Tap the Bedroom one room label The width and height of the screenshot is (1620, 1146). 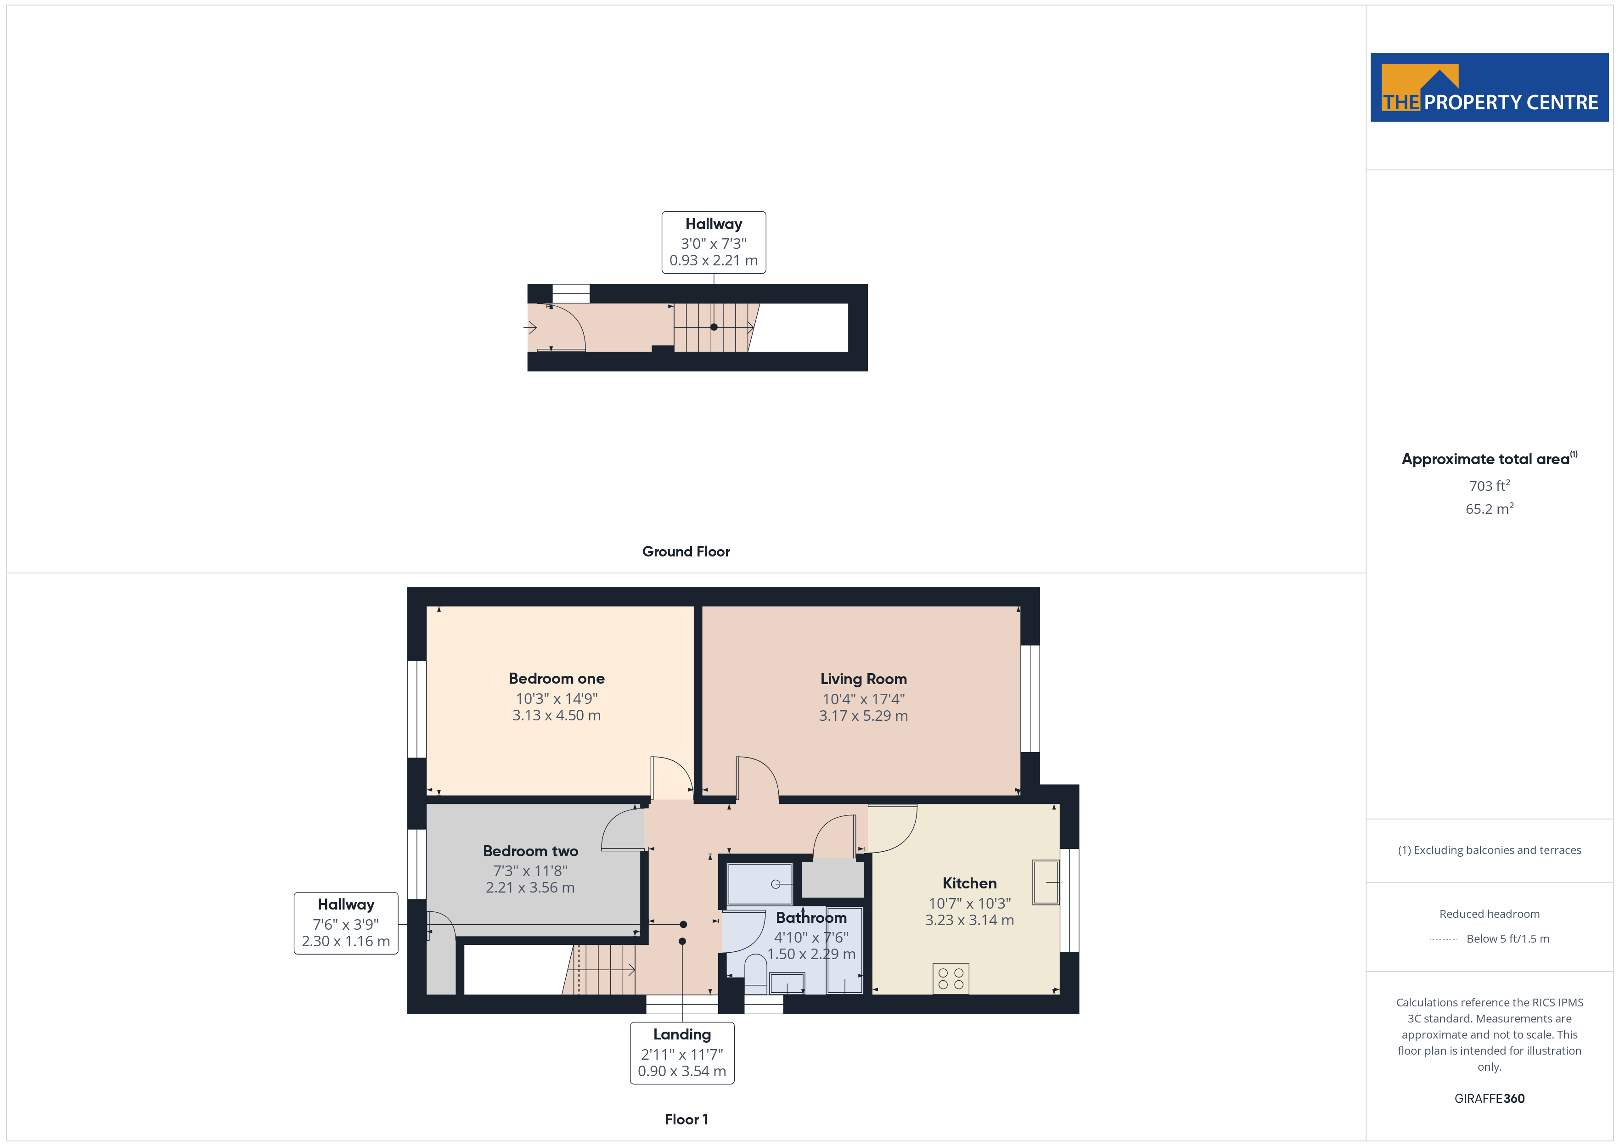(x=556, y=678)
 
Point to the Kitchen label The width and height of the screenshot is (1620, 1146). (x=969, y=883)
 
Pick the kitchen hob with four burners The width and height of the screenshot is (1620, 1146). (x=951, y=979)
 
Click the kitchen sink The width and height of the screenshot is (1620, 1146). (x=1046, y=882)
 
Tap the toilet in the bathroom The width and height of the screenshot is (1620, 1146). (x=756, y=975)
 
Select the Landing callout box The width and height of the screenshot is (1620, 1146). (x=681, y=1053)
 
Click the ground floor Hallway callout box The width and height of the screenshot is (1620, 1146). (x=713, y=242)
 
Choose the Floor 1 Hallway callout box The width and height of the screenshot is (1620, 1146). (x=346, y=923)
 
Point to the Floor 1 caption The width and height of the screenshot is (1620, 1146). (x=686, y=1119)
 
